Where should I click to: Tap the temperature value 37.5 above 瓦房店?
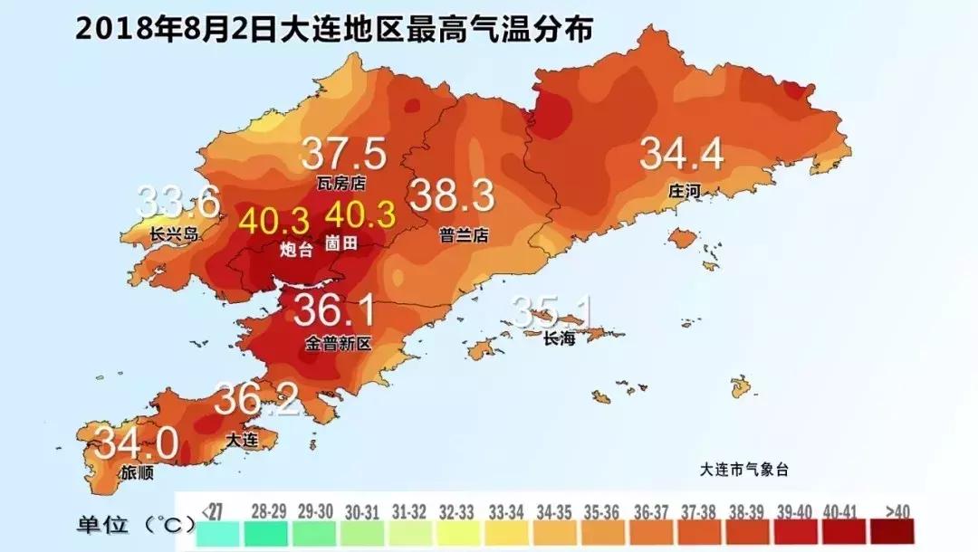tap(344, 154)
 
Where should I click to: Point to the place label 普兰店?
tap(464, 234)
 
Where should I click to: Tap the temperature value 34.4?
tap(682, 155)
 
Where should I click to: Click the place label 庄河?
tap(686, 192)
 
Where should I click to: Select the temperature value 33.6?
tap(178, 202)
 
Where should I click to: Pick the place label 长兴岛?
tap(172, 234)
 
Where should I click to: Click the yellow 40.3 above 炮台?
tap(273, 220)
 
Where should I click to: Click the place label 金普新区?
tap(339, 345)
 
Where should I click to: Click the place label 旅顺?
tap(138, 472)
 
